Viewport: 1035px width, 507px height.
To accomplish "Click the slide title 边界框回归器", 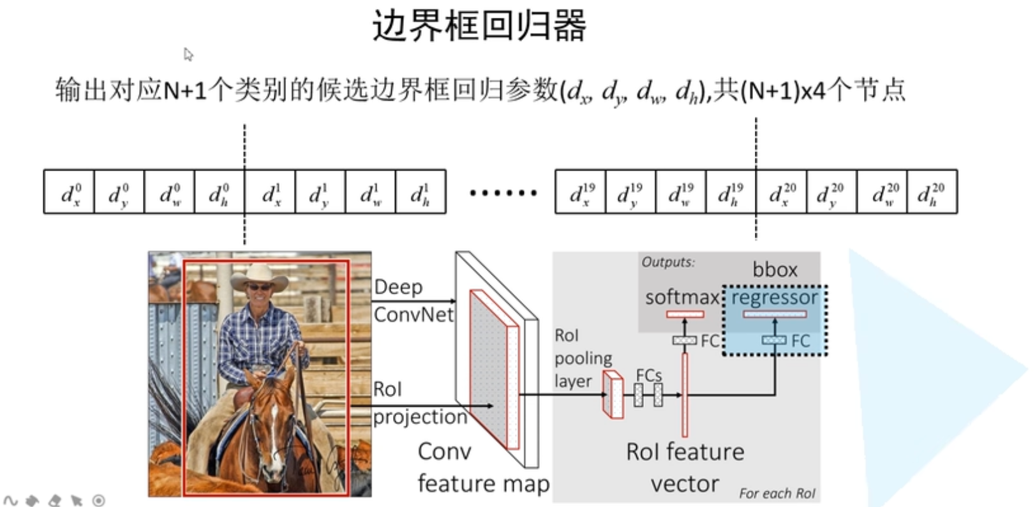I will click(479, 26).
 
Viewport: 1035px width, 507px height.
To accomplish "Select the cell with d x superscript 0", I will click(69, 192).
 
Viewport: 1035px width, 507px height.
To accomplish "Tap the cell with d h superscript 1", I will click(420, 192).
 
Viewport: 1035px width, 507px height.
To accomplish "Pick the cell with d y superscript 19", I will click(630, 192).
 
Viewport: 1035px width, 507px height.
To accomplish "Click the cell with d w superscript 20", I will click(882, 192).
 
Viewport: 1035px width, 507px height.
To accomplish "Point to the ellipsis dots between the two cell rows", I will click(503, 192).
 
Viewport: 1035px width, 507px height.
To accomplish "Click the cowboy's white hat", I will click(259, 275).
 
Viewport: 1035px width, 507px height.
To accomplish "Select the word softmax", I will click(681, 297).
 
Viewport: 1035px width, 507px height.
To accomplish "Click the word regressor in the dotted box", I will click(774, 298).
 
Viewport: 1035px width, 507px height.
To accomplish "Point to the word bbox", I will click(775, 269).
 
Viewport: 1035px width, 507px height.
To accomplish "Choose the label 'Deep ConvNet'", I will click(412, 300).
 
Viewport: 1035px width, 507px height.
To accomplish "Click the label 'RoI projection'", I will click(419, 402).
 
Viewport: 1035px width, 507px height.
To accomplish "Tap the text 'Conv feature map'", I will click(482, 467).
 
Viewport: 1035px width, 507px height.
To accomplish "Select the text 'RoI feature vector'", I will click(685, 467).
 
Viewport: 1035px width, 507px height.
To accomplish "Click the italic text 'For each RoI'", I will click(777, 493).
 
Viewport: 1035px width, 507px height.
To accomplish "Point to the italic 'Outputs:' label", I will click(668, 262).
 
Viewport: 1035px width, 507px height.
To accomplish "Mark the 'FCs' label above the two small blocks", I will click(648, 375).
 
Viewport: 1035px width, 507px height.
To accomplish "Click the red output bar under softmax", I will click(685, 314).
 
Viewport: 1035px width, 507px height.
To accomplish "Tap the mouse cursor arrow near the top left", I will click(188, 54).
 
